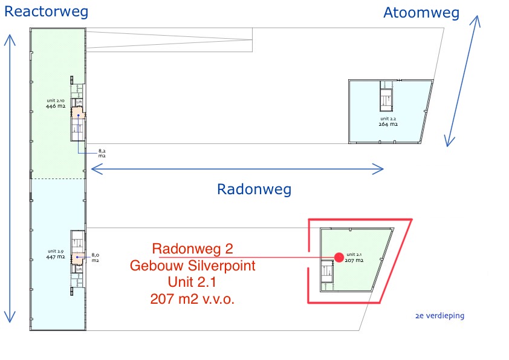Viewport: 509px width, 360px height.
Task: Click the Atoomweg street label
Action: click(x=421, y=13)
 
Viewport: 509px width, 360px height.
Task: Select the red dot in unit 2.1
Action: click(x=339, y=258)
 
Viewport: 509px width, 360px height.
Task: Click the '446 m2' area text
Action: click(x=55, y=105)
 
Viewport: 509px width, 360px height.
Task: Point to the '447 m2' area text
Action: click(x=55, y=257)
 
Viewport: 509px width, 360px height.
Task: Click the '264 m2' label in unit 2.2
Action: click(x=387, y=124)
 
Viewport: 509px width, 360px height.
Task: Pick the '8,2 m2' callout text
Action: click(x=102, y=153)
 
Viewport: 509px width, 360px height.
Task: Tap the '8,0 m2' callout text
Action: click(x=96, y=258)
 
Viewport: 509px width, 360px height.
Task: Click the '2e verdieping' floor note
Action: click(x=440, y=315)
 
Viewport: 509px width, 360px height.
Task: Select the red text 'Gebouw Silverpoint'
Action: click(x=192, y=265)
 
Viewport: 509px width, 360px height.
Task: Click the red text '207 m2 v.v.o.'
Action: click(x=192, y=298)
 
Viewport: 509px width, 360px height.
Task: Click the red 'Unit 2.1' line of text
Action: click(x=192, y=281)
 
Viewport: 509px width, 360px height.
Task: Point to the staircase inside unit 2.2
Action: click(x=385, y=97)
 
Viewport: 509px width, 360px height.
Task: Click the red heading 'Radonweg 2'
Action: click(x=192, y=249)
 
